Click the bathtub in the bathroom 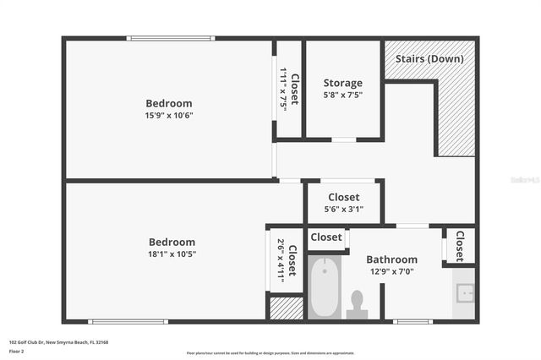point(325,288)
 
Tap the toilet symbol point(358,304)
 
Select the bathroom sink point(464,293)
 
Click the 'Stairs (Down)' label point(429,58)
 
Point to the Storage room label point(342,83)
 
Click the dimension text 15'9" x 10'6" point(169,116)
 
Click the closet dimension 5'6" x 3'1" point(343,210)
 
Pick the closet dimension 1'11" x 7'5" point(283,86)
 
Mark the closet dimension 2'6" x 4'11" point(281,261)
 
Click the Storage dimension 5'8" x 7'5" point(342,95)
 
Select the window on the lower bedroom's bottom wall point(128,321)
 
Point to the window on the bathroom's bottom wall point(413,321)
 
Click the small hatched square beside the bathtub point(286,308)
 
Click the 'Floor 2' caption point(18,351)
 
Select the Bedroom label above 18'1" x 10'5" point(172,242)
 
